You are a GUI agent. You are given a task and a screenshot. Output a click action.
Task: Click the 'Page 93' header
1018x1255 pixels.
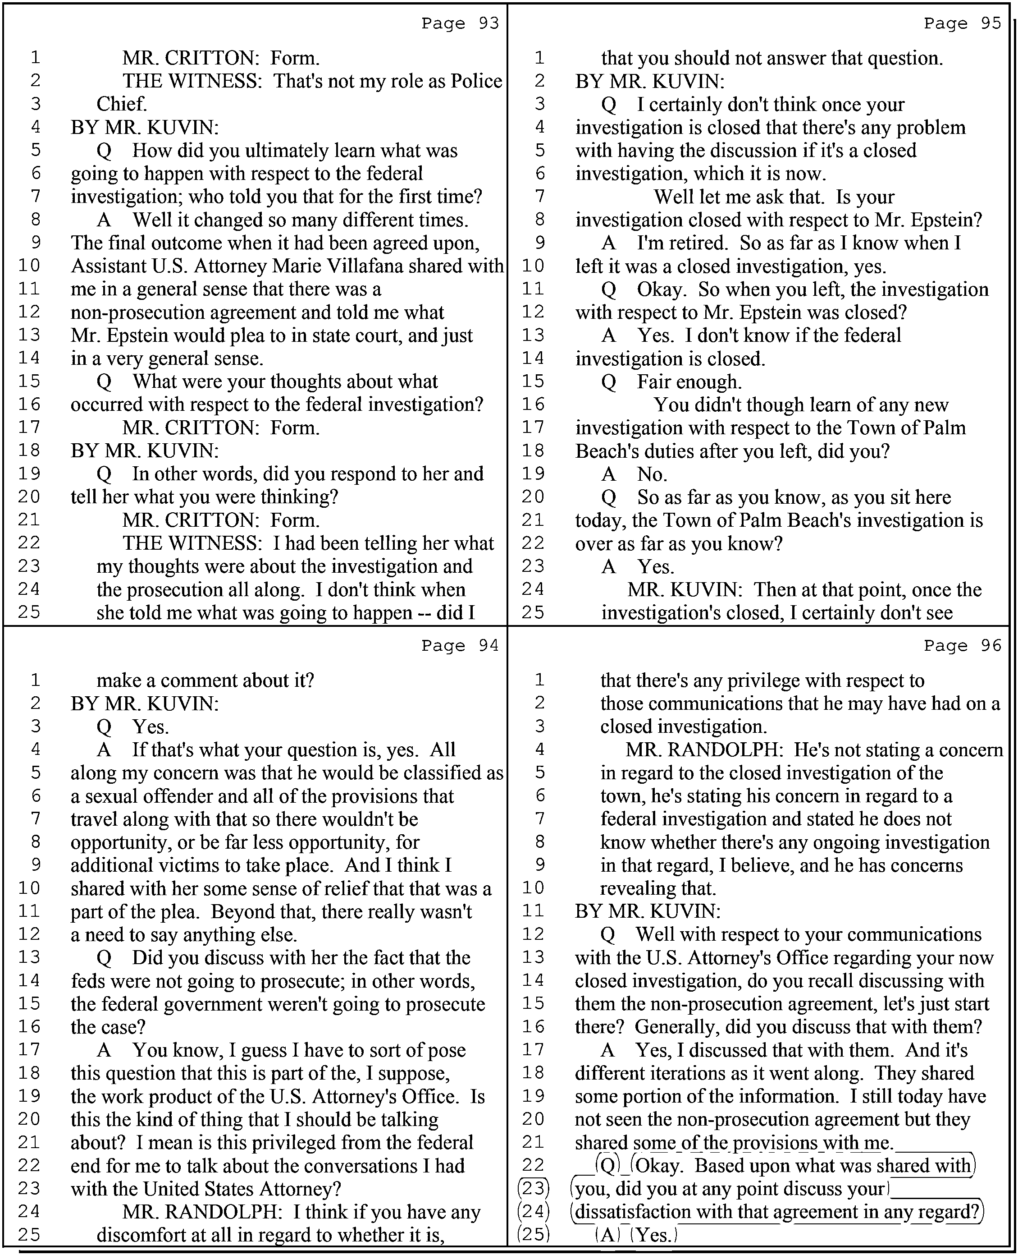[x=460, y=23]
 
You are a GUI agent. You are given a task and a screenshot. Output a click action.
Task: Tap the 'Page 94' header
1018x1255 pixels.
[x=460, y=645]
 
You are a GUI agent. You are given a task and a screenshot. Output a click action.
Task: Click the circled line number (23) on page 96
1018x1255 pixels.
[x=534, y=1189]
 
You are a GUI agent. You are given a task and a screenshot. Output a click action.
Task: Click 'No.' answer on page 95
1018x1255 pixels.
[x=652, y=474]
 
